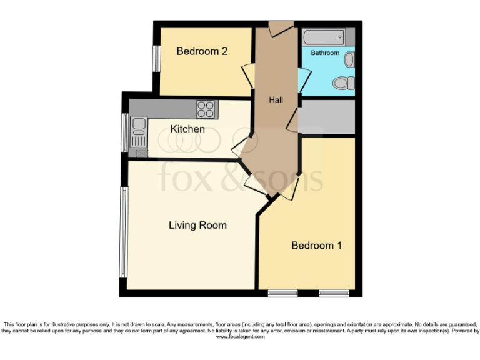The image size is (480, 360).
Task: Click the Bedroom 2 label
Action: pyautogui.click(x=202, y=51)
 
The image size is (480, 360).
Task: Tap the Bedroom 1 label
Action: pyautogui.click(x=316, y=246)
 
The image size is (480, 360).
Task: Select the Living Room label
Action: pyautogui.click(x=197, y=225)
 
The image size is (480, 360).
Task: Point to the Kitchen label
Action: pyautogui.click(x=187, y=129)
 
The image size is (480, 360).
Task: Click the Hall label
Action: pyautogui.click(x=276, y=100)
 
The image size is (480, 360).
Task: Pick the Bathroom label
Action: pyautogui.click(x=325, y=53)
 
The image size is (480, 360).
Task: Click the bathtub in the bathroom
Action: pyautogui.click(x=323, y=37)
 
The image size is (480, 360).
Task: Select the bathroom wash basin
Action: pyautogui.click(x=349, y=59)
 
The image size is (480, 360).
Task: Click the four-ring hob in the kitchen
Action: pyautogui.click(x=206, y=109)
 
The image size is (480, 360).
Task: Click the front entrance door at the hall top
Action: pyautogui.click(x=281, y=27)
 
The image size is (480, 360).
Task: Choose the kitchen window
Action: pyautogui.click(x=124, y=132)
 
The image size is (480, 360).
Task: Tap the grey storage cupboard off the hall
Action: pyautogui.click(x=327, y=116)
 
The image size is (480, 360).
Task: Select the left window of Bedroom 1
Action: pyautogui.click(x=282, y=292)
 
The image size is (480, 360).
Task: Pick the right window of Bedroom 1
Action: pyautogui.click(x=333, y=292)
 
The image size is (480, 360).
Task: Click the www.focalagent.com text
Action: pyautogui.click(x=240, y=337)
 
